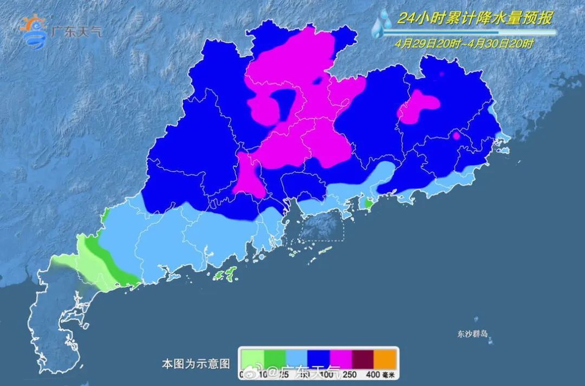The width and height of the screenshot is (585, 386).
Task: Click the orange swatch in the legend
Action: click(386, 358)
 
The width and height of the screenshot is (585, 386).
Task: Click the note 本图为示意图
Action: click(196, 363)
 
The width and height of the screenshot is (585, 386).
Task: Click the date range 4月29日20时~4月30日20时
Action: click(464, 44)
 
